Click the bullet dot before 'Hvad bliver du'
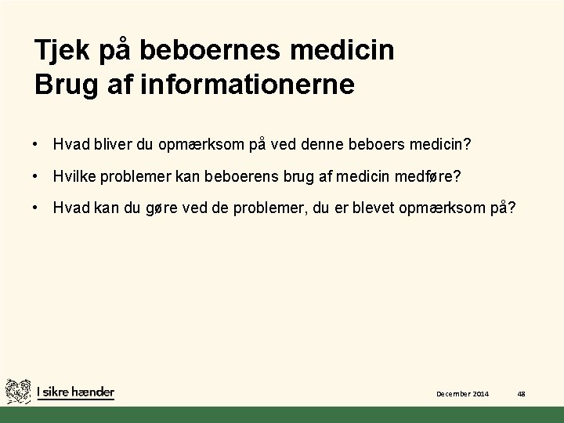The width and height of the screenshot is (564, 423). [x=37, y=144]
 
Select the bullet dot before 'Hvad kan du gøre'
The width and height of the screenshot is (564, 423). [x=37, y=208]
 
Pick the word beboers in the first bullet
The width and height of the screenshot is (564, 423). [x=377, y=144]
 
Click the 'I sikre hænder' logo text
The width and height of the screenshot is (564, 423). [x=75, y=392]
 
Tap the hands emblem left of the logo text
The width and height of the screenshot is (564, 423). [x=18, y=391]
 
